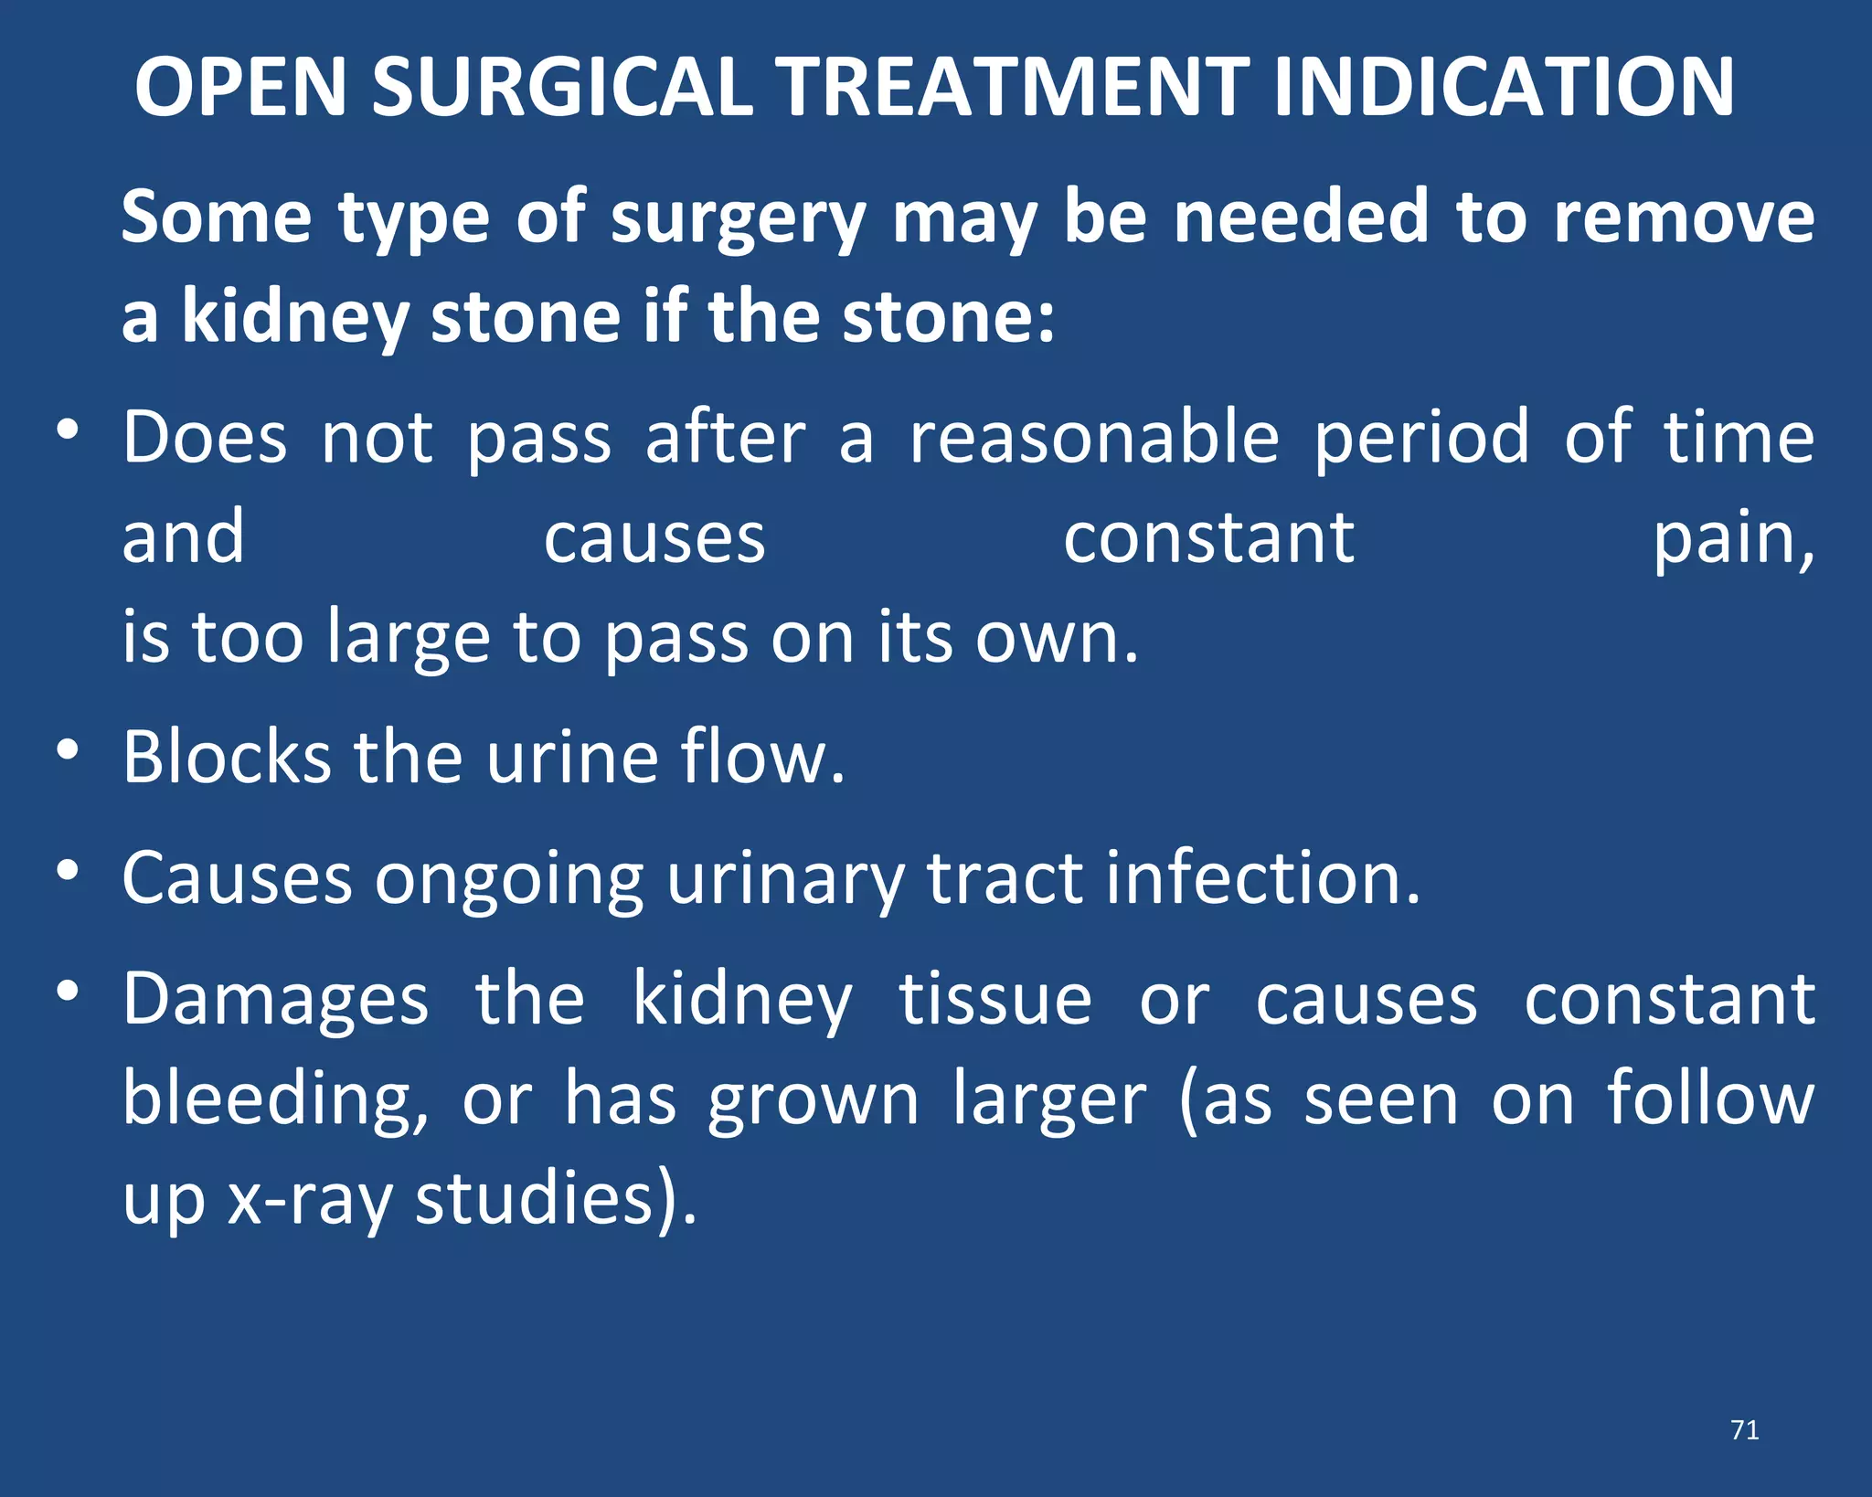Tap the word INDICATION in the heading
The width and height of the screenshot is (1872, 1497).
1503,87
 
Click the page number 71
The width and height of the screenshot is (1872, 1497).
1744,1429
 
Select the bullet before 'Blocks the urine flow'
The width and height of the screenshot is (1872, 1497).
67,749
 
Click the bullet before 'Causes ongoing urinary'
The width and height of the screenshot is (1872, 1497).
67,870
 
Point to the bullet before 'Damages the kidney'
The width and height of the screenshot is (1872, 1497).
67,991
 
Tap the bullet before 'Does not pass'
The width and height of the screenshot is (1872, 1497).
67,430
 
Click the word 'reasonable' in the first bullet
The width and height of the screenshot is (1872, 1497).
1094,437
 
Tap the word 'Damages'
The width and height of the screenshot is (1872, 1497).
275,1000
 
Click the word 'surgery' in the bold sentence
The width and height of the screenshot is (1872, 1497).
738,219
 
